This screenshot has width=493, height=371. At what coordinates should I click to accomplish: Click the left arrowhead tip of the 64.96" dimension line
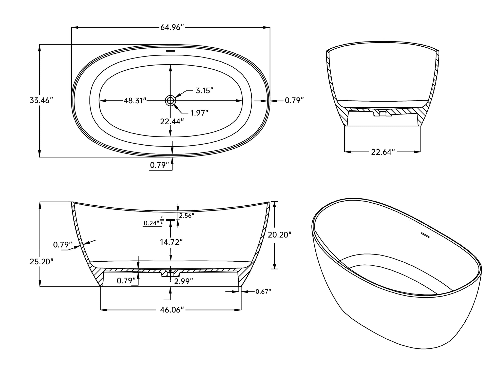tap(71, 27)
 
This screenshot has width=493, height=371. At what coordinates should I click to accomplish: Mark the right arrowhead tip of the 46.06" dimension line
tap(241, 310)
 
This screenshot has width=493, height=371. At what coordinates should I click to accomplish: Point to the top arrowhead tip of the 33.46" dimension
tap(40, 44)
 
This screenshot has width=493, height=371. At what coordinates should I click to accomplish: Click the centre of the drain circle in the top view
tap(170, 101)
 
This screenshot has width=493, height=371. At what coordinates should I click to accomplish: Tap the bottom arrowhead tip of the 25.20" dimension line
tap(40, 286)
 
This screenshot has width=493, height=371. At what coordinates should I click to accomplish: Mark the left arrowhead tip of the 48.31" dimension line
tap(99, 101)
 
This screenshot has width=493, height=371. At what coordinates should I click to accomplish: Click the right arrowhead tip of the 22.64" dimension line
tap(421, 152)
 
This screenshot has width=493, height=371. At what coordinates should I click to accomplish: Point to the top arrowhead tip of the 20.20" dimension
tap(274, 202)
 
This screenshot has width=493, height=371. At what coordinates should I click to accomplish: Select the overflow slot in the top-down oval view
tap(170, 51)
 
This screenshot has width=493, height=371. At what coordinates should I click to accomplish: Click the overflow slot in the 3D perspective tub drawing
tap(425, 235)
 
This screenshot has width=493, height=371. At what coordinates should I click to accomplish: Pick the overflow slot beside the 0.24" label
tap(170, 220)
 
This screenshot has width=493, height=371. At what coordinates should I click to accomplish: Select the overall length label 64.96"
tap(172, 27)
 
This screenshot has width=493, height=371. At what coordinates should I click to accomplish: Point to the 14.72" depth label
tap(171, 242)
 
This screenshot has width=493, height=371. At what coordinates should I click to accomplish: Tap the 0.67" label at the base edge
tap(263, 292)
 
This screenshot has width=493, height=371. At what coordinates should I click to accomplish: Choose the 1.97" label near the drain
tap(199, 113)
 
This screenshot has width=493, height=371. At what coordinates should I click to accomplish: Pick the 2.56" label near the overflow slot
tap(187, 216)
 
